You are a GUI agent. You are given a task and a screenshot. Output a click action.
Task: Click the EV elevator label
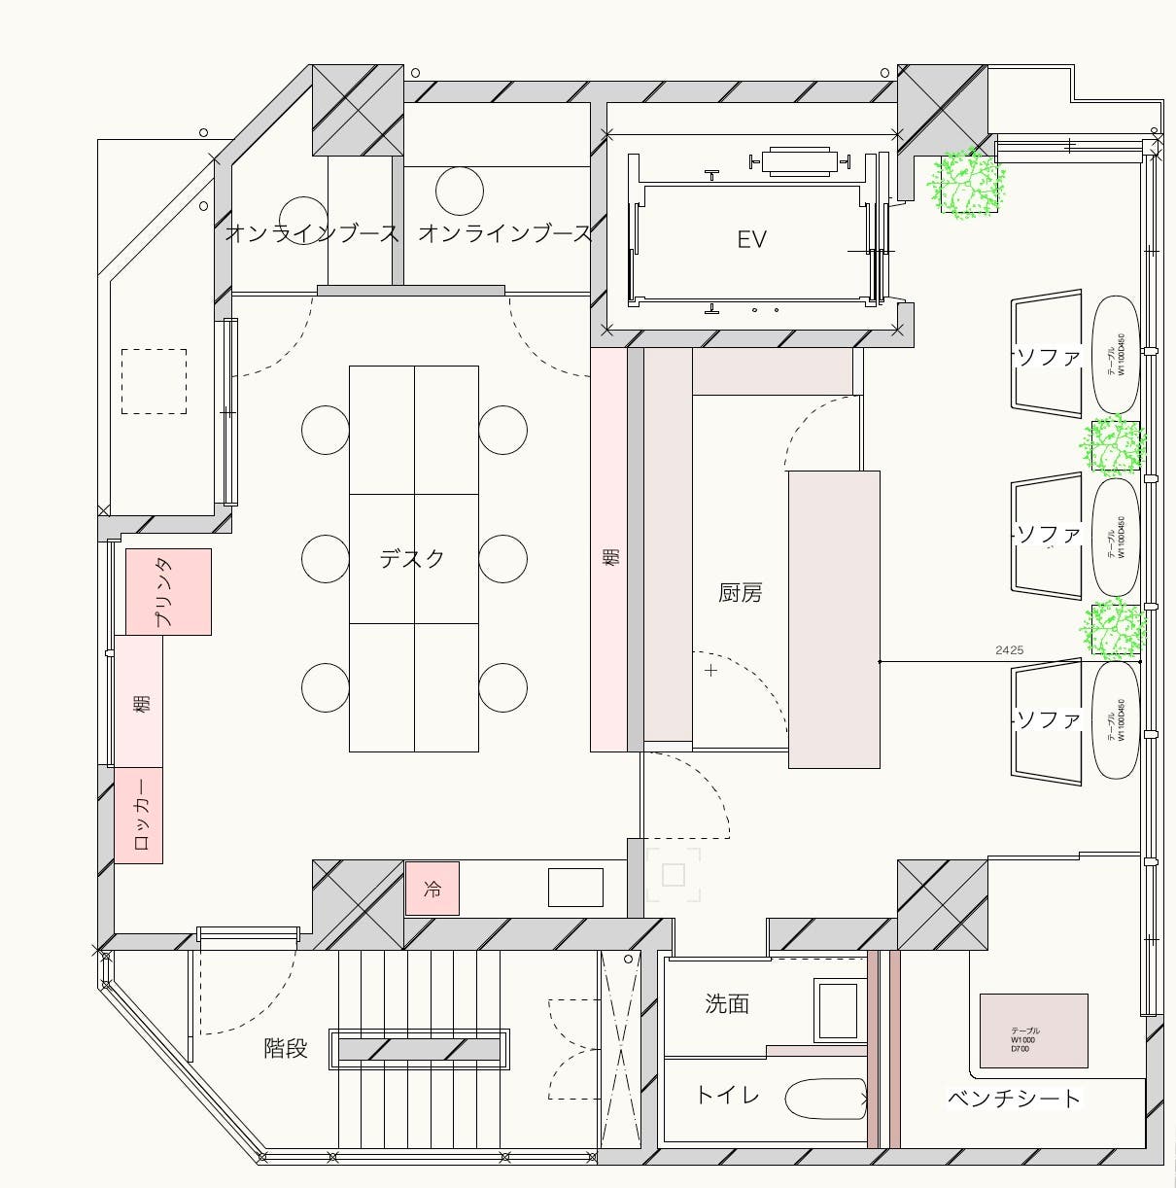[x=751, y=239]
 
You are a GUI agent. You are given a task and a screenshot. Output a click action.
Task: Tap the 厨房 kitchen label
[x=740, y=592]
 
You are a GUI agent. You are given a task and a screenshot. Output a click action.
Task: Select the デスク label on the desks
[x=412, y=558]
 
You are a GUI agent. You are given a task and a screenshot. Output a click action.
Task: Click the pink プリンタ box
[x=168, y=591]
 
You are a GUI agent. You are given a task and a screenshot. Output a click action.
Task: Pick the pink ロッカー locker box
[x=139, y=815]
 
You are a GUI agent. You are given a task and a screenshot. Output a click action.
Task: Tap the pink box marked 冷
[x=432, y=889]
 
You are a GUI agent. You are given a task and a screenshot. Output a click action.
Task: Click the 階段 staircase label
[x=286, y=1048]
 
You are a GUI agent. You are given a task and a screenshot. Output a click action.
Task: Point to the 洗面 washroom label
[x=727, y=1003]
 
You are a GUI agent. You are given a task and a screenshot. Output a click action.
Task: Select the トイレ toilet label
[x=727, y=1096]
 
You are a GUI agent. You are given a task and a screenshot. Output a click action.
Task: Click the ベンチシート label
[x=1014, y=1099]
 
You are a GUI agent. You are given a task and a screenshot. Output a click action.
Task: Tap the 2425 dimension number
[x=1009, y=649]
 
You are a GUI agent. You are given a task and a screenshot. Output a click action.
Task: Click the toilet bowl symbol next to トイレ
[x=824, y=1100]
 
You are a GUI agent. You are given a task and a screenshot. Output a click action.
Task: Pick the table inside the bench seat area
[x=1032, y=1031]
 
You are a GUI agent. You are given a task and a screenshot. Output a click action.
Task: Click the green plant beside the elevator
[x=966, y=183]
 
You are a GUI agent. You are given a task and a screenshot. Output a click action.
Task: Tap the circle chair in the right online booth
[x=460, y=191]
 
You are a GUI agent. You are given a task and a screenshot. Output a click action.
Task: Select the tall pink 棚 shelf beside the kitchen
[x=609, y=549]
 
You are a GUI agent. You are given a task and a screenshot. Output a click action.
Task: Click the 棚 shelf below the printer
[x=139, y=701]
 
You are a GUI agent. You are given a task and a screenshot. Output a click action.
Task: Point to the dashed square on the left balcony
[x=154, y=381]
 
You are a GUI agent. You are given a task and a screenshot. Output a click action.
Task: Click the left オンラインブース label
[x=312, y=233]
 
